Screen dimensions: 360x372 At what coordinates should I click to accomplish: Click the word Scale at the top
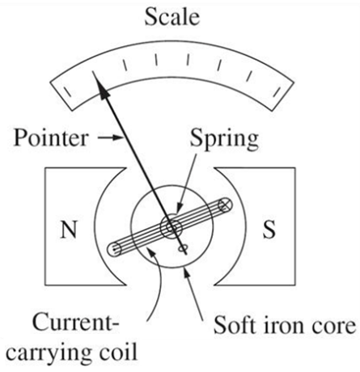point(172,17)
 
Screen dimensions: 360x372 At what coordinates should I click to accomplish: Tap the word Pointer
point(51,138)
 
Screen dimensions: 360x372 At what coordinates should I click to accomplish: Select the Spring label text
point(224,140)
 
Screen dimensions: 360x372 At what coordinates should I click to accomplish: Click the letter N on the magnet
point(69,230)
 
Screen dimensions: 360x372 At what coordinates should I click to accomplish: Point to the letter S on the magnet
point(269,230)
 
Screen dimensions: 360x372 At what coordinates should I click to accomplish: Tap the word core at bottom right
point(331,328)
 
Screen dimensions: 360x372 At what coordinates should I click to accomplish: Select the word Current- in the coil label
point(75,322)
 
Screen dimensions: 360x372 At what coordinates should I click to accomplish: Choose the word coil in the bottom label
point(116,351)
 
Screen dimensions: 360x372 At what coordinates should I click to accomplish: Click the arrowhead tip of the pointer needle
point(95,78)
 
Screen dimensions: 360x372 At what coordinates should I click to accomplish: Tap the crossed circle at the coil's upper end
point(225,205)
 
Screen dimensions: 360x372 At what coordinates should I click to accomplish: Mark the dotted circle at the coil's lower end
point(114,249)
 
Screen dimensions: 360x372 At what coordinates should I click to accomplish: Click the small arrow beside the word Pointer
point(110,137)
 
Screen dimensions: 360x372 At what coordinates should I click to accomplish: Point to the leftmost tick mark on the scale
point(67,91)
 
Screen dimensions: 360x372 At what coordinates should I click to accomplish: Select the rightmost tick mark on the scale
point(277,91)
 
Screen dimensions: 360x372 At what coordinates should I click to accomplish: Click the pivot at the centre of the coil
point(172,227)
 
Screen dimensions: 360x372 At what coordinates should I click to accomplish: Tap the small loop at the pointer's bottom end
point(183,249)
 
